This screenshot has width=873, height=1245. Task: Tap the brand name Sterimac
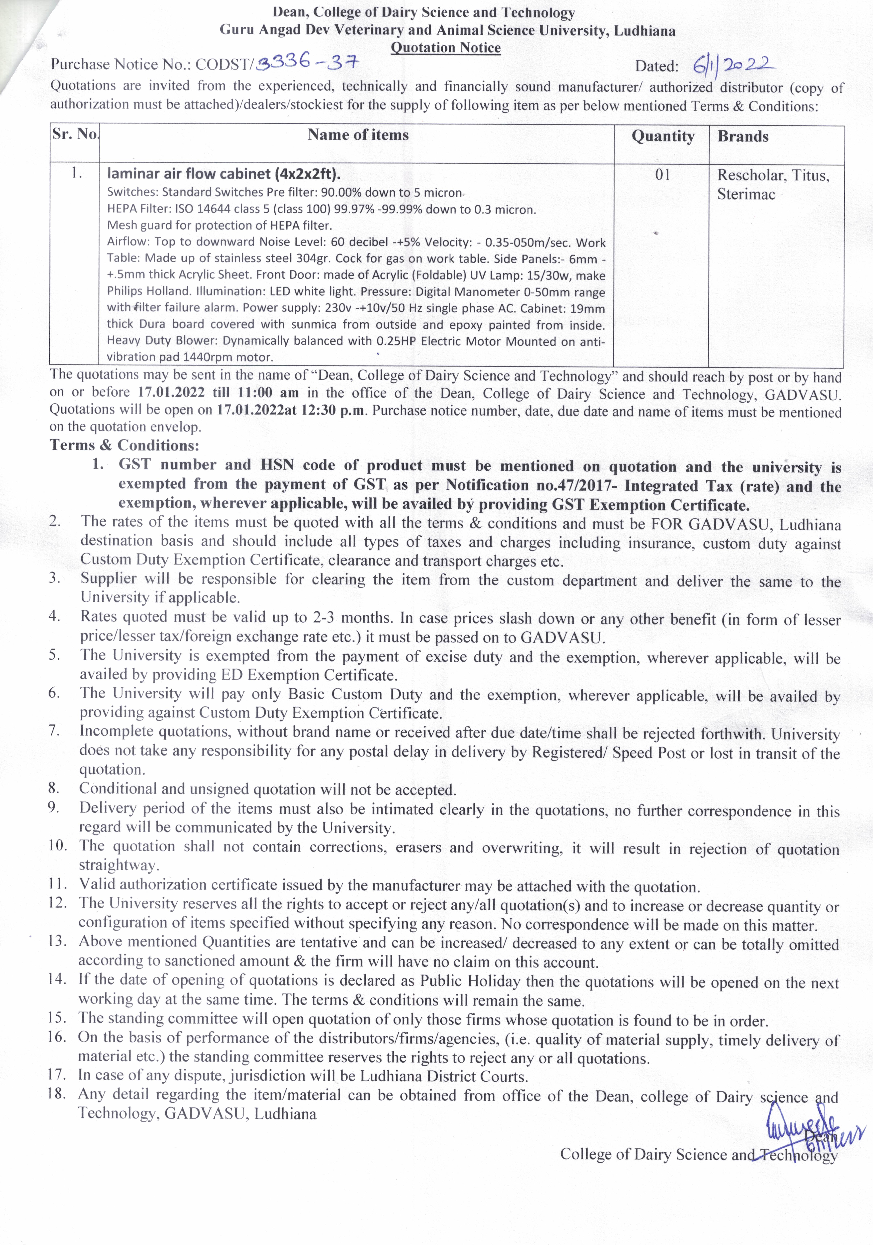tap(746, 194)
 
